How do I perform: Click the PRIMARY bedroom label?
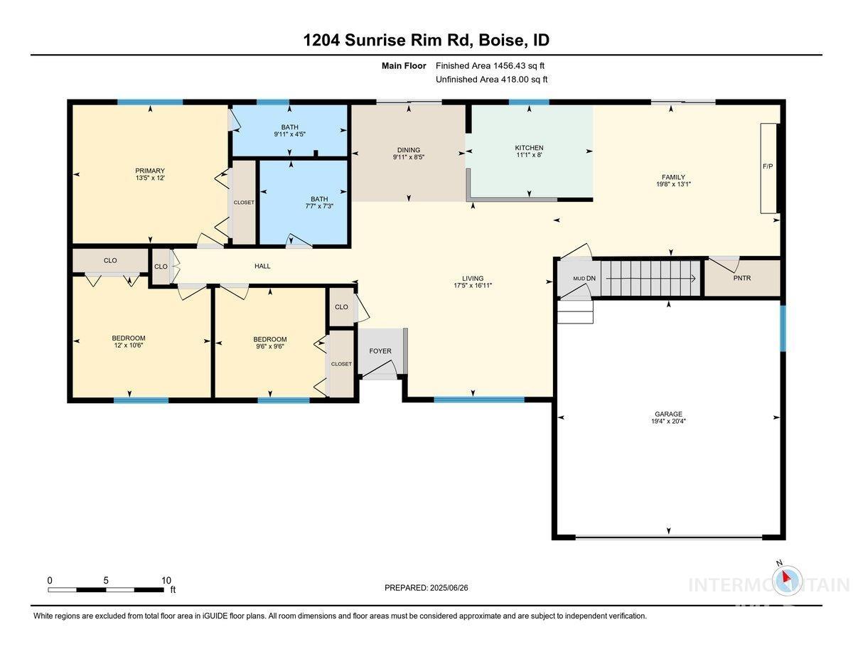pos(150,171)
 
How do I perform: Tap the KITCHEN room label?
pos(529,148)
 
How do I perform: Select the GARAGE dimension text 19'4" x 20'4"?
pos(668,421)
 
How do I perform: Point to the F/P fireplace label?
pos(768,167)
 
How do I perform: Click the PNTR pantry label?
pos(743,278)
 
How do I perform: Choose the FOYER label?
pos(380,351)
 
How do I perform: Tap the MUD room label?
pos(579,278)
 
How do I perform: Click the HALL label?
pos(262,267)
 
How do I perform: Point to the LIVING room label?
pos(473,279)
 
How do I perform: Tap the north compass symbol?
pos(787,580)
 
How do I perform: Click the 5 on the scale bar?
pos(106,580)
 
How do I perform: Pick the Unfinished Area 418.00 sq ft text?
pos(491,80)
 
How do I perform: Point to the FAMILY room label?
pos(672,177)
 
